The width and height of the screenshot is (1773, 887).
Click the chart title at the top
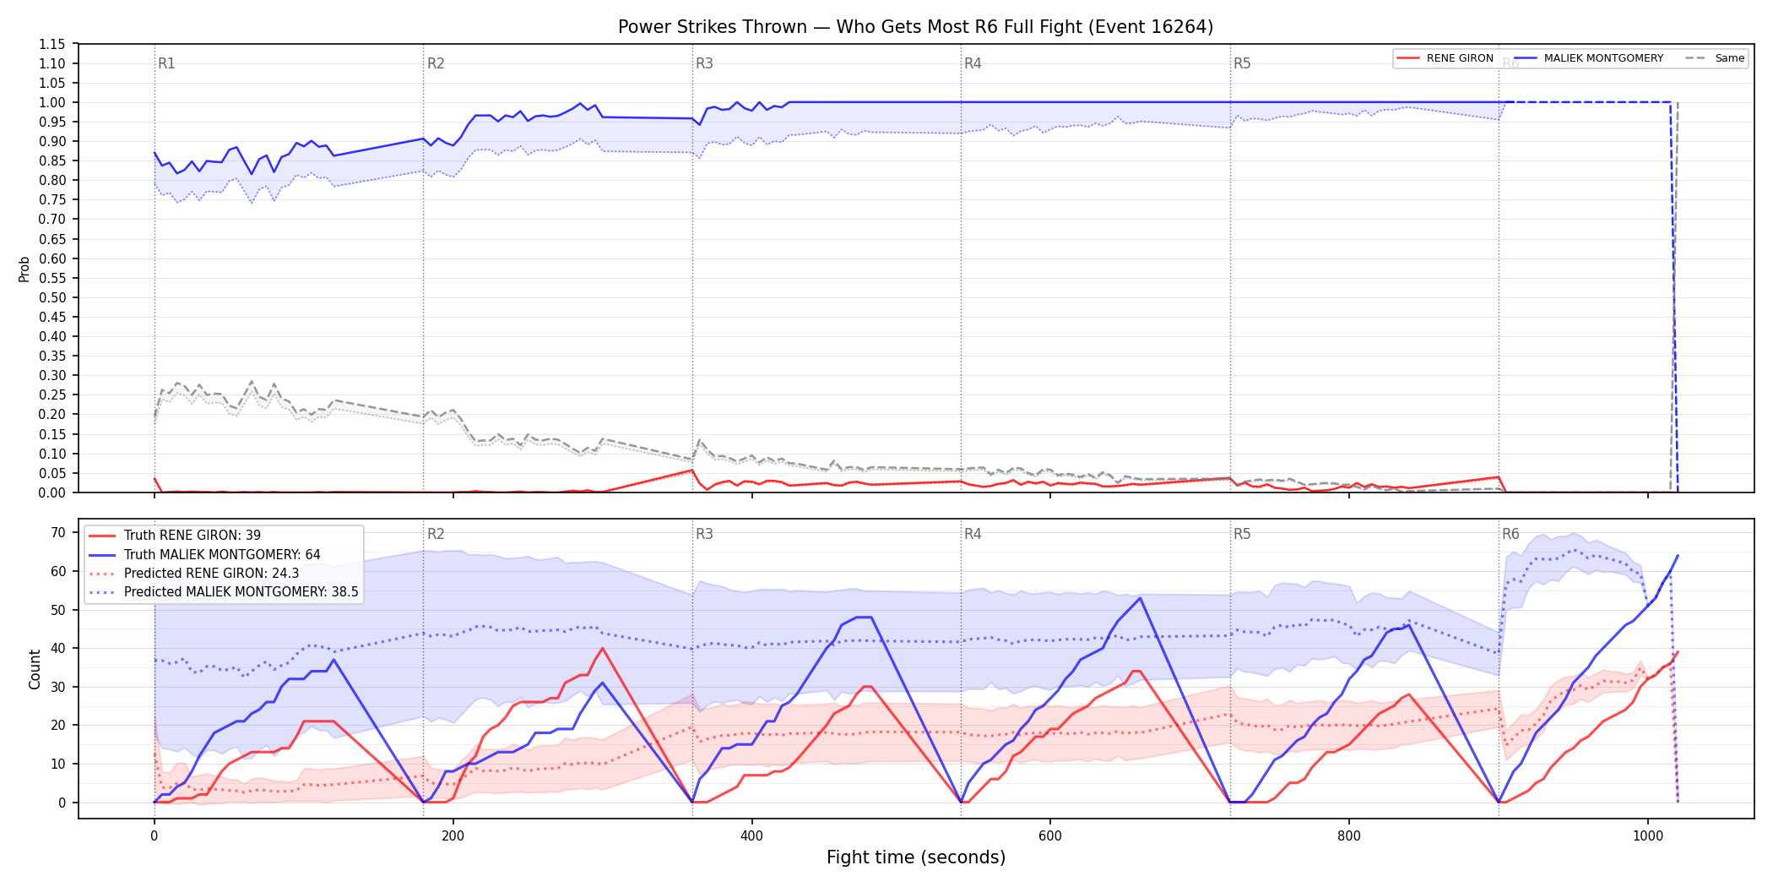tap(915, 27)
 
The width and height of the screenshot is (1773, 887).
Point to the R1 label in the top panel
tap(166, 63)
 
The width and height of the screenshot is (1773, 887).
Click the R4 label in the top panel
tap(973, 63)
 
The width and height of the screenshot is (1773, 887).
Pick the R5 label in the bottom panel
tap(1242, 534)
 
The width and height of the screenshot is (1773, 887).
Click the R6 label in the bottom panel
tap(1510, 534)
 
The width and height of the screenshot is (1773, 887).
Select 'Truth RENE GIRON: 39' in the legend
tap(192, 536)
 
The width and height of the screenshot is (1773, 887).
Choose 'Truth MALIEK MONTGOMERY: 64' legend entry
tap(222, 554)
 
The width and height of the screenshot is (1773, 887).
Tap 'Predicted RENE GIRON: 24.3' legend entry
tap(211, 573)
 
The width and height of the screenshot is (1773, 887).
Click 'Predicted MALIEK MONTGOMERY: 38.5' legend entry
tap(241, 592)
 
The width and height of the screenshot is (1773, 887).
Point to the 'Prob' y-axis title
tap(24, 269)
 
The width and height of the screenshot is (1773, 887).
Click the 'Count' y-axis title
tap(35, 669)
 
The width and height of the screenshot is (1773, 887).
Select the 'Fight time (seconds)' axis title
tap(916, 857)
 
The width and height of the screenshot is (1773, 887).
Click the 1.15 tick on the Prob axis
tap(52, 44)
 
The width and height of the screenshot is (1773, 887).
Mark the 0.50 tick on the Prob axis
tap(52, 297)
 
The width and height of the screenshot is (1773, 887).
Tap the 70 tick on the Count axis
tap(58, 532)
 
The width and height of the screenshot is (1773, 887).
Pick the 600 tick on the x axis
tap(1050, 836)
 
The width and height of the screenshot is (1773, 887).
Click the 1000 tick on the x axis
tap(1648, 836)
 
